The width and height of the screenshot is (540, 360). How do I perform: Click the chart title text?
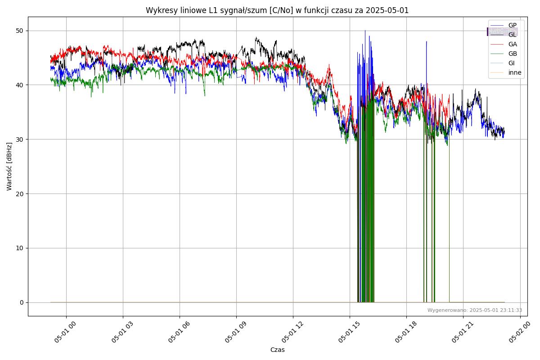tap(277, 10)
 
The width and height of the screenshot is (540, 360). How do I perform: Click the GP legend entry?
tap(512, 25)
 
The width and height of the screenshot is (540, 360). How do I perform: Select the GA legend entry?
tap(512, 44)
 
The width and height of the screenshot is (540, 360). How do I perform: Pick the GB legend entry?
tap(512, 54)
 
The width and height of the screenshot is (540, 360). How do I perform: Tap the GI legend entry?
tap(511, 63)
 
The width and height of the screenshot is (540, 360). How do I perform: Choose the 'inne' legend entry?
tap(515, 72)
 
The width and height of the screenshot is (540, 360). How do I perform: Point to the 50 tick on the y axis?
tap(20, 31)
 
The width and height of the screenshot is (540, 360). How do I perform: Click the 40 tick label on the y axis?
tap(20, 85)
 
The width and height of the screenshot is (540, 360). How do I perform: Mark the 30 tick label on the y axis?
tap(20, 139)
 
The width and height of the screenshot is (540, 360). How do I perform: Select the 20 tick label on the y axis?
tap(20, 193)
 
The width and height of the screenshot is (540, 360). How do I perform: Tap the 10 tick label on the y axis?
tap(20, 248)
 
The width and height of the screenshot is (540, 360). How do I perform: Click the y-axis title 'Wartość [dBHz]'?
tap(9, 166)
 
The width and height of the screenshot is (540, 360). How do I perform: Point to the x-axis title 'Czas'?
tap(277, 350)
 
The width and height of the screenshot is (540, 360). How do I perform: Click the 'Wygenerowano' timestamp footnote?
tap(475, 310)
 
